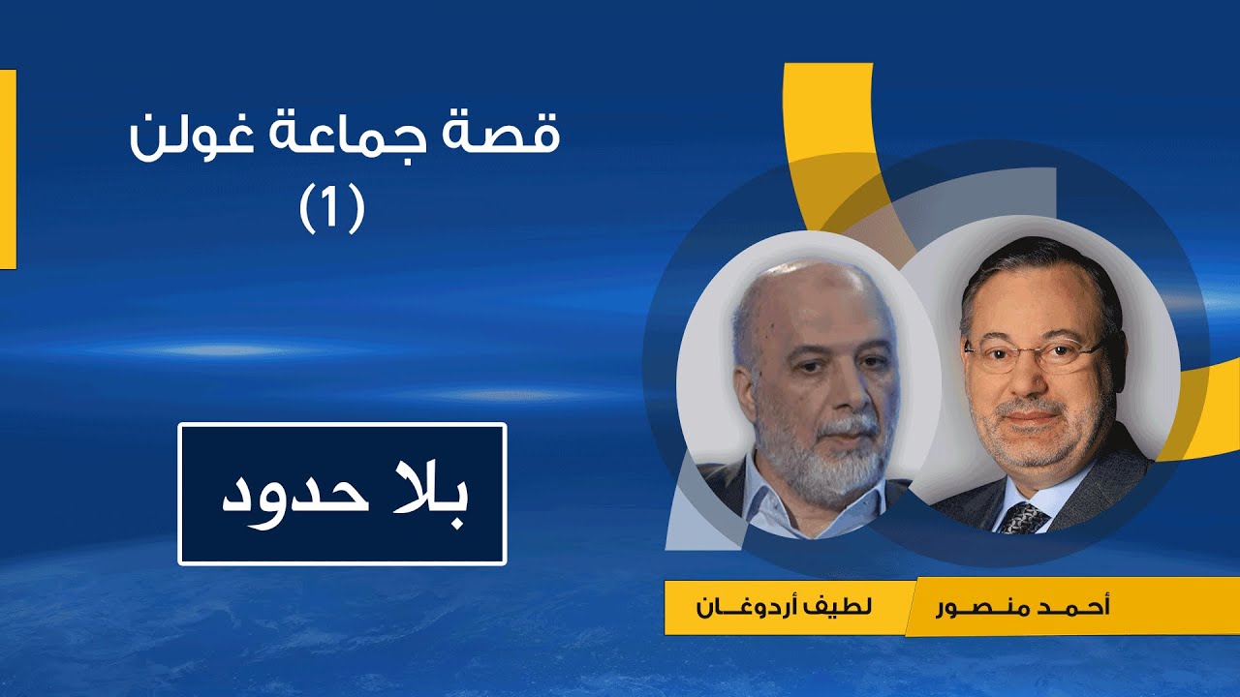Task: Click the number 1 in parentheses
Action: [332, 207]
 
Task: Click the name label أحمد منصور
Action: [1023, 608]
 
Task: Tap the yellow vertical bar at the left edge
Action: [8, 169]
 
